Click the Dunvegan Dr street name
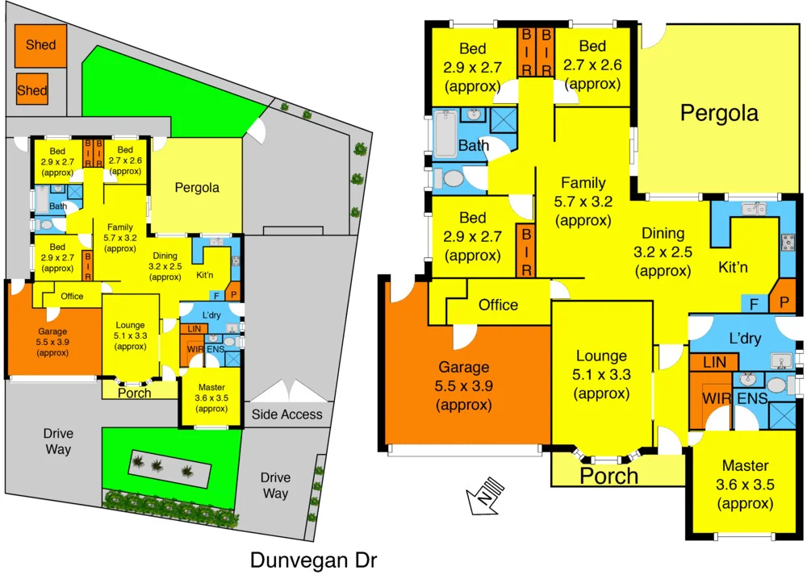click(x=313, y=560)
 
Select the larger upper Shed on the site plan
click(x=40, y=45)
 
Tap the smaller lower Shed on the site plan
click(x=32, y=90)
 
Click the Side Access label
click(x=286, y=414)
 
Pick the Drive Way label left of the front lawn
click(x=58, y=442)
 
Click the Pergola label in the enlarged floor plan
click(x=719, y=113)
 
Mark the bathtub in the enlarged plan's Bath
click(x=445, y=135)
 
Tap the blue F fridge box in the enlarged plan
click(x=754, y=305)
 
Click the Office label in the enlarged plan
click(x=498, y=305)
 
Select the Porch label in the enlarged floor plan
click(x=609, y=476)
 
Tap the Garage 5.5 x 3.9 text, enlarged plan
click(x=463, y=386)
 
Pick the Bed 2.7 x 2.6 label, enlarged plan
click(x=593, y=65)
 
